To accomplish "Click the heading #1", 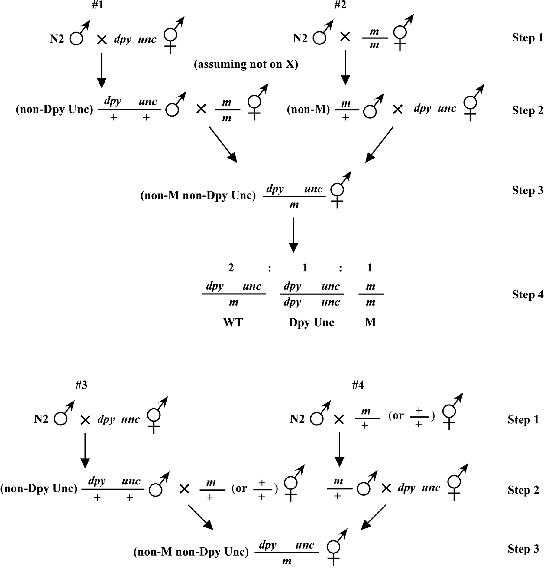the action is pos(98,5).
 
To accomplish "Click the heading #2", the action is pos(340,5).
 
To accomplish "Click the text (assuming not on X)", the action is pos(246,64).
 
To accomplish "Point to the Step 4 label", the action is pos(528,294).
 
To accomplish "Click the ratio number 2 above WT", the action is pos(231,268).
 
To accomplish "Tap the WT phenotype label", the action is pos(233,322).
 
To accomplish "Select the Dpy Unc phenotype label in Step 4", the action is pos(312,323).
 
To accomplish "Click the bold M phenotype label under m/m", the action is pos(371,322).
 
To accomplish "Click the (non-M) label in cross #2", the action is pos(308,109).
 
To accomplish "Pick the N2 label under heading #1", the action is pos(57,39).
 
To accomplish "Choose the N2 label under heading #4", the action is pos(297,419).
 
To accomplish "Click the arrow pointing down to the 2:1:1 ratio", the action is pos(293,235).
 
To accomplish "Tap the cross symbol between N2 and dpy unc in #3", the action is pos(85,420).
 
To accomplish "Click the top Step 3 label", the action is pos(528,190).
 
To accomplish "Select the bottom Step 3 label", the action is pos(523,549).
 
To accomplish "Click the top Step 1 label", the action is pos(528,38).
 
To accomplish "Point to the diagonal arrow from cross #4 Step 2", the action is pos(373,517).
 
